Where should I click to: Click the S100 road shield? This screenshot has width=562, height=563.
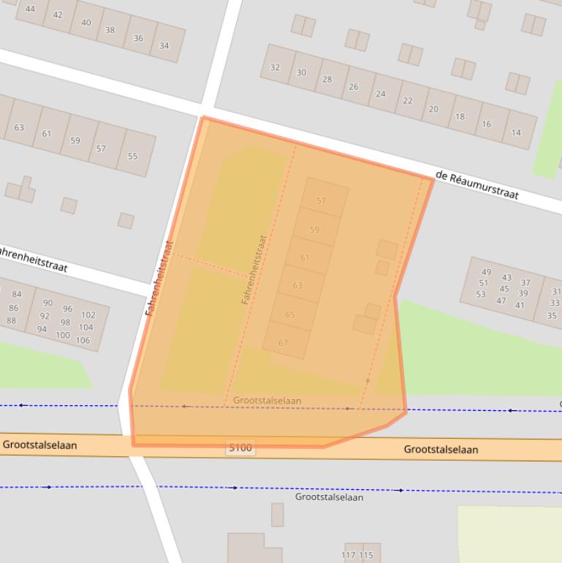tap(240, 447)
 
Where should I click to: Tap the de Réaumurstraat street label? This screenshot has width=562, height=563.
tap(476, 185)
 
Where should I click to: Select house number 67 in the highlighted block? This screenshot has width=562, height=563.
tap(283, 342)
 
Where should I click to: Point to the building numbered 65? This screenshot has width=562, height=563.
tap(290, 314)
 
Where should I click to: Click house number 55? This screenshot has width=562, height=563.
tap(132, 156)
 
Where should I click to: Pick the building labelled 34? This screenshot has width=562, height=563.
tap(164, 45)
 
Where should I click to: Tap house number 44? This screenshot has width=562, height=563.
tap(30, 9)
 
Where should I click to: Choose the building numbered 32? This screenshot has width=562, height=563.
tap(275, 67)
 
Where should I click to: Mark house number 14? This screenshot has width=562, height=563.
tap(516, 132)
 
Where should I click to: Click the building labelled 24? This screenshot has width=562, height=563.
tap(380, 94)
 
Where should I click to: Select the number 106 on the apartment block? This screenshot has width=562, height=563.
tap(83, 340)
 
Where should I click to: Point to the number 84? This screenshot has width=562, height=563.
tap(17, 295)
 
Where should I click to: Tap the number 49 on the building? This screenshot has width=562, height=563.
tap(487, 273)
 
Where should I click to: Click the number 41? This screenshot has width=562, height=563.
tap(520, 305)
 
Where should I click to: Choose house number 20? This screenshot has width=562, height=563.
tap(433, 109)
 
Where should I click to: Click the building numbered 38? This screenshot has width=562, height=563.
tap(110, 30)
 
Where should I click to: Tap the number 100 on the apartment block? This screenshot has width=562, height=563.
tap(63, 336)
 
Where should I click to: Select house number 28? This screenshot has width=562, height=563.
tap(327, 80)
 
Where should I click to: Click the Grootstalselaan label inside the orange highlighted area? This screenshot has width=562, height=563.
tap(267, 401)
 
